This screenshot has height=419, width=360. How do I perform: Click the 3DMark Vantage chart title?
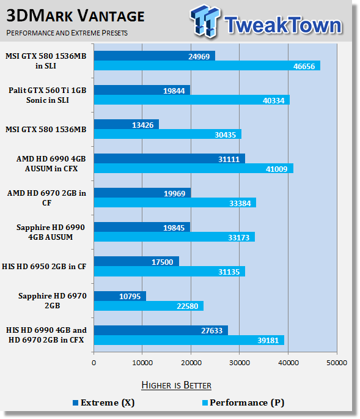75,16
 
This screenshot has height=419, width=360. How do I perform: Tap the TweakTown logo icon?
205,21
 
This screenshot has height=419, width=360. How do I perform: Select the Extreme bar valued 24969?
155,56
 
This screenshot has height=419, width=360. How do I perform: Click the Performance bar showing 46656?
207,65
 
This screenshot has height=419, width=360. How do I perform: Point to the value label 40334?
273,100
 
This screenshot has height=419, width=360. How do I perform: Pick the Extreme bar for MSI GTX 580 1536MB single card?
127,124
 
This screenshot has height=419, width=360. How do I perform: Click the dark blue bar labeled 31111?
169,158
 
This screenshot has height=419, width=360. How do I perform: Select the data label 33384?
240,203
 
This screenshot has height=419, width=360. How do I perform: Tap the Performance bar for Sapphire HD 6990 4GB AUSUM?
174,237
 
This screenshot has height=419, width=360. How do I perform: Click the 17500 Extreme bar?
136,261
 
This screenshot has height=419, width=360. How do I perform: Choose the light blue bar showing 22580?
149,306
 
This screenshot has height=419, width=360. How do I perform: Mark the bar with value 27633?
161,330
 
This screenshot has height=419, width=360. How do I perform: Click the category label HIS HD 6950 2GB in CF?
44,267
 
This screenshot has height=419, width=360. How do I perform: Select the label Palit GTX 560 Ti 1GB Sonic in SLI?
48,95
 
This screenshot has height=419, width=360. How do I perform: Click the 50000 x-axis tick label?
337,363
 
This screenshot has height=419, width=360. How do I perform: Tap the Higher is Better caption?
176,385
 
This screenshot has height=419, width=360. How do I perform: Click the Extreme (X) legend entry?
104,402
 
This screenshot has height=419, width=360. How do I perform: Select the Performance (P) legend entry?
243,402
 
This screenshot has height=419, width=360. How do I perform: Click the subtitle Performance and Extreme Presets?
67,33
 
